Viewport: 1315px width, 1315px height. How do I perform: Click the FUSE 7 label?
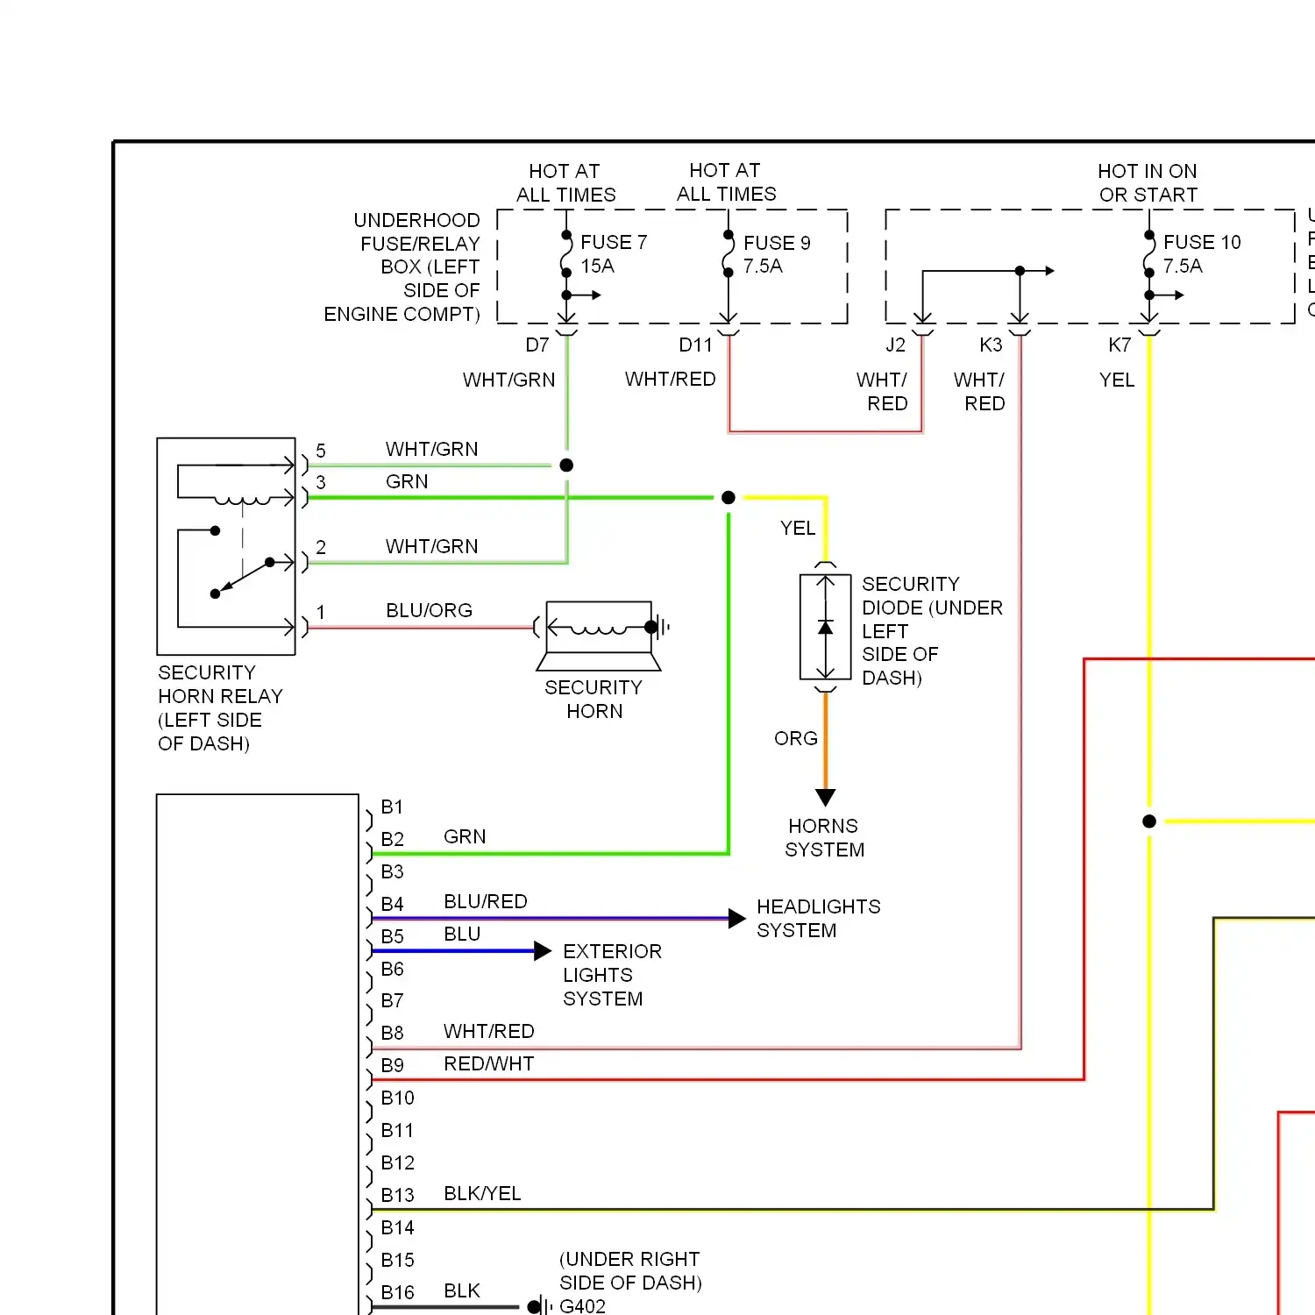[614, 242]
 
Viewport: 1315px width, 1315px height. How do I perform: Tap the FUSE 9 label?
[777, 243]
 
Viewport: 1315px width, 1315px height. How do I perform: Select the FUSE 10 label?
[1202, 242]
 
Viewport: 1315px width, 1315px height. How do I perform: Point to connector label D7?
[537, 345]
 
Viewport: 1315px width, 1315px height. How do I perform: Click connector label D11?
[696, 345]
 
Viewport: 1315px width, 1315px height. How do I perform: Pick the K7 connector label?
[1120, 345]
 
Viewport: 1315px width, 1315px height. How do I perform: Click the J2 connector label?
[895, 345]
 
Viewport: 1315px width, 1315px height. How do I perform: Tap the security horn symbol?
[600, 636]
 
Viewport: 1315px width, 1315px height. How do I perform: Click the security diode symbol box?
[826, 627]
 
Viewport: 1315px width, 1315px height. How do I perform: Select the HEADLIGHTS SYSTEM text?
[819, 919]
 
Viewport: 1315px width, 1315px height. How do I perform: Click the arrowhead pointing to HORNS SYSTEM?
[826, 797]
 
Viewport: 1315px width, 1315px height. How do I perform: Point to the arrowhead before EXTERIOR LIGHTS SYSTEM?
[543, 951]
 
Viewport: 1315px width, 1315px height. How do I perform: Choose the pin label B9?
[393, 1065]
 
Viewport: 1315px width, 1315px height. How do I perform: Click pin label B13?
[397, 1195]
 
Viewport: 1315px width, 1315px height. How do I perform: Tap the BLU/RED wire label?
[486, 901]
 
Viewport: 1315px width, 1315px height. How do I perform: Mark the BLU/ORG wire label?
[429, 610]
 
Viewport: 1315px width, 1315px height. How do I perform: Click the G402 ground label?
[582, 1306]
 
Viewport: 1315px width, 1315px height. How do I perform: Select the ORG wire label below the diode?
[796, 738]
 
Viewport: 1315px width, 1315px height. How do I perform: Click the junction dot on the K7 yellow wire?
[1149, 821]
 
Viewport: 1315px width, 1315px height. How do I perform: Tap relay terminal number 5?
[321, 451]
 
